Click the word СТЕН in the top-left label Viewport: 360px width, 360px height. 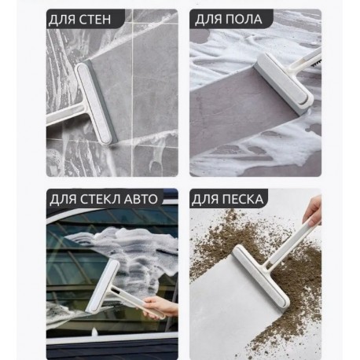tap(95, 20)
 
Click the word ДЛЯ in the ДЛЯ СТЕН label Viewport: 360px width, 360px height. tap(63, 20)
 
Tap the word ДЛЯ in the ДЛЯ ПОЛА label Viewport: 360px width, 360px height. tap(208, 20)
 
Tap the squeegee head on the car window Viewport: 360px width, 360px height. tap(103, 287)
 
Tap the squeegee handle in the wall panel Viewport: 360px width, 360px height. tap(65, 115)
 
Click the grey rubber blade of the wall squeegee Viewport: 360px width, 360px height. tap(104, 101)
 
